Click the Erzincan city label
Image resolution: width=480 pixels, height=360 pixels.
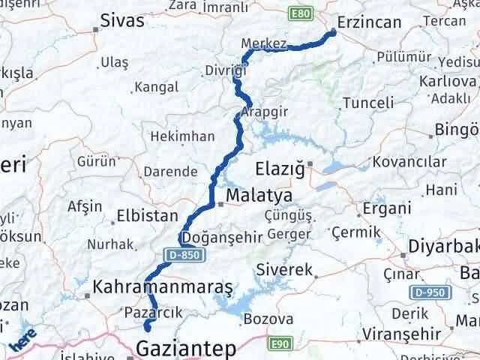(370, 22)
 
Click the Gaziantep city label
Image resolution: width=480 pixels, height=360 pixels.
(186, 349)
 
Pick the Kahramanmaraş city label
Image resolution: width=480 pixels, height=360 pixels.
(163, 287)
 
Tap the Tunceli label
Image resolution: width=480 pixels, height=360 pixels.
(368, 103)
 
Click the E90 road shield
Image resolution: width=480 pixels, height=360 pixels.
(278, 342)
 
